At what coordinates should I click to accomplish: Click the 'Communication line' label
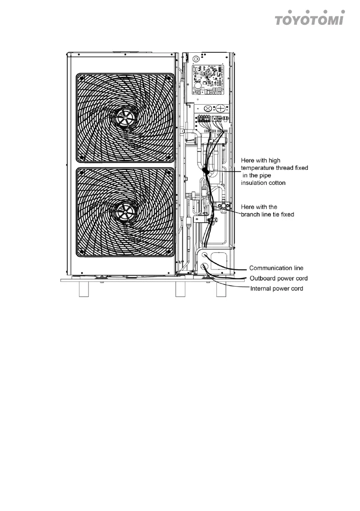pyautogui.click(x=276, y=268)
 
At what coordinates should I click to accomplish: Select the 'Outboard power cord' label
pyautogui.click(x=278, y=278)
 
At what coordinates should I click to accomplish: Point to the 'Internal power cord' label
pyautogui.click(x=276, y=289)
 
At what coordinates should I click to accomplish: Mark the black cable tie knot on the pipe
pyautogui.click(x=206, y=171)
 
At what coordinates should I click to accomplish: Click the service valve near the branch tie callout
pyautogui.click(x=224, y=207)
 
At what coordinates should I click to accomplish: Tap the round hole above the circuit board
pyautogui.click(x=196, y=57)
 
